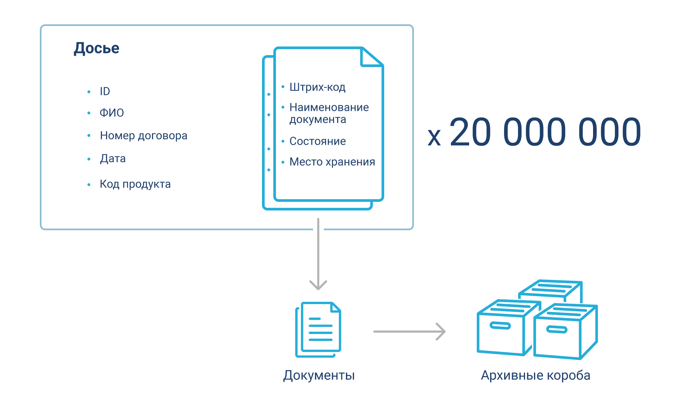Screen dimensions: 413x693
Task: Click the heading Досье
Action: click(x=96, y=48)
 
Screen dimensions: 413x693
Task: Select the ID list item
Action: click(x=105, y=91)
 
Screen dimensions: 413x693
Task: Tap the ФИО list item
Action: click(x=112, y=113)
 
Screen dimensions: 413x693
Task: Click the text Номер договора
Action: click(x=143, y=135)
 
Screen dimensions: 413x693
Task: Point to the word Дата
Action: click(x=113, y=159)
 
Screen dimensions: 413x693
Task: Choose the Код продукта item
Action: click(x=135, y=184)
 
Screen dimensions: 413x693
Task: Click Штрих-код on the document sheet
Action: click(x=317, y=87)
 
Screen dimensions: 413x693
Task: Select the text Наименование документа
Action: click(x=329, y=113)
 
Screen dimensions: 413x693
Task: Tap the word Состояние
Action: click(x=317, y=141)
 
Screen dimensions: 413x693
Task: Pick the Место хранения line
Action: click(x=332, y=162)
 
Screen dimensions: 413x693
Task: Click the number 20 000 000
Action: click(x=545, y=132)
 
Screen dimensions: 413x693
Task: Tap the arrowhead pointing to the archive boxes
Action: click(x=441, y=331)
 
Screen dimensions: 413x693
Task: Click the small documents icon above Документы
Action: click(x=318, y=329)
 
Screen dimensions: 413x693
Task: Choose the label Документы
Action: click(x=319, y=375)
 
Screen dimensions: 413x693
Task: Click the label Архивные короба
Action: click(x=536, y=375)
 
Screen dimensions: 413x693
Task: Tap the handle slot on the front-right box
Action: click(x=557, y=330)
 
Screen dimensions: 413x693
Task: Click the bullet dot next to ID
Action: click(x=89, y=92)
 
